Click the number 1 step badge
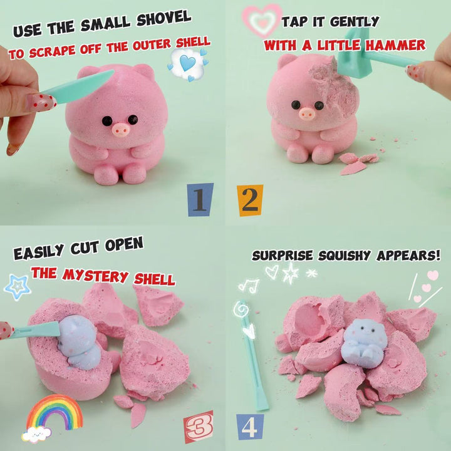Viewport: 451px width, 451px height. click(x=200, y=199)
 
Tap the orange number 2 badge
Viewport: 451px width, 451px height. click(x=250, y=200)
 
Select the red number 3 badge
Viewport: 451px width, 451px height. click(x=199, y=427)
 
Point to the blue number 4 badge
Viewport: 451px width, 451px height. click(x=250, y=427)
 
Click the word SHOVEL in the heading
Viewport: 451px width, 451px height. click(x=163, y=19)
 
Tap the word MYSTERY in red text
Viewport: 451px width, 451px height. click(x=95, y=275)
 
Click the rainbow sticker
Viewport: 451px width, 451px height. click(x=54, y=412)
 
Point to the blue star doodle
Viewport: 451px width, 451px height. click(x=18, y=287)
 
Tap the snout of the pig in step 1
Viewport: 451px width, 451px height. click(x=120, y=130)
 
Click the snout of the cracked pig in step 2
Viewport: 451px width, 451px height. click(x=307, y=113)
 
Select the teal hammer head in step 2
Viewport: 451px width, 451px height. click(x=355, y=54)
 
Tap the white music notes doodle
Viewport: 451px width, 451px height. click(x=249, y=286)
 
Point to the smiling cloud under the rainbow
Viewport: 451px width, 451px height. click(x=36, y=434)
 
